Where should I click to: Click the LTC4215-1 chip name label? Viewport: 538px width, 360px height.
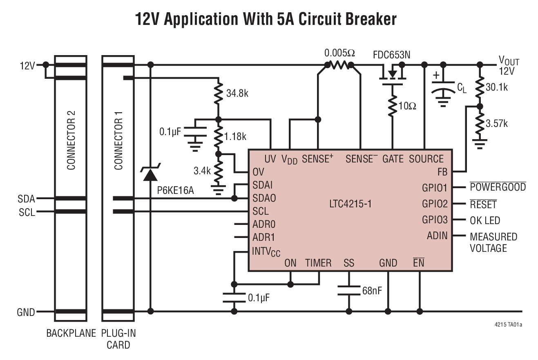coord(350,203)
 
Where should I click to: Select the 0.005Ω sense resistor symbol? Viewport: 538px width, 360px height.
coord(339,65)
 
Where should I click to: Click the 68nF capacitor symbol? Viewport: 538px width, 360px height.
coord(349,290)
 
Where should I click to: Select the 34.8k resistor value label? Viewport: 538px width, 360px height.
coord(237,93)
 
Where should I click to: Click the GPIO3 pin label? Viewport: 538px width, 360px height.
coord(435,220)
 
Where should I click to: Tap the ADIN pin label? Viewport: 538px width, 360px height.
coord(437,236)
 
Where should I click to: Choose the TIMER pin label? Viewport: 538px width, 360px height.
coord(319,263)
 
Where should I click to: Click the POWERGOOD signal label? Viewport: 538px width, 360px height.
coord(498,187)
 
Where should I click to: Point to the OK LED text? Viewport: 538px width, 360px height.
coord(485,220)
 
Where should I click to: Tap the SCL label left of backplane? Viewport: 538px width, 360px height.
coord(27,212)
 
